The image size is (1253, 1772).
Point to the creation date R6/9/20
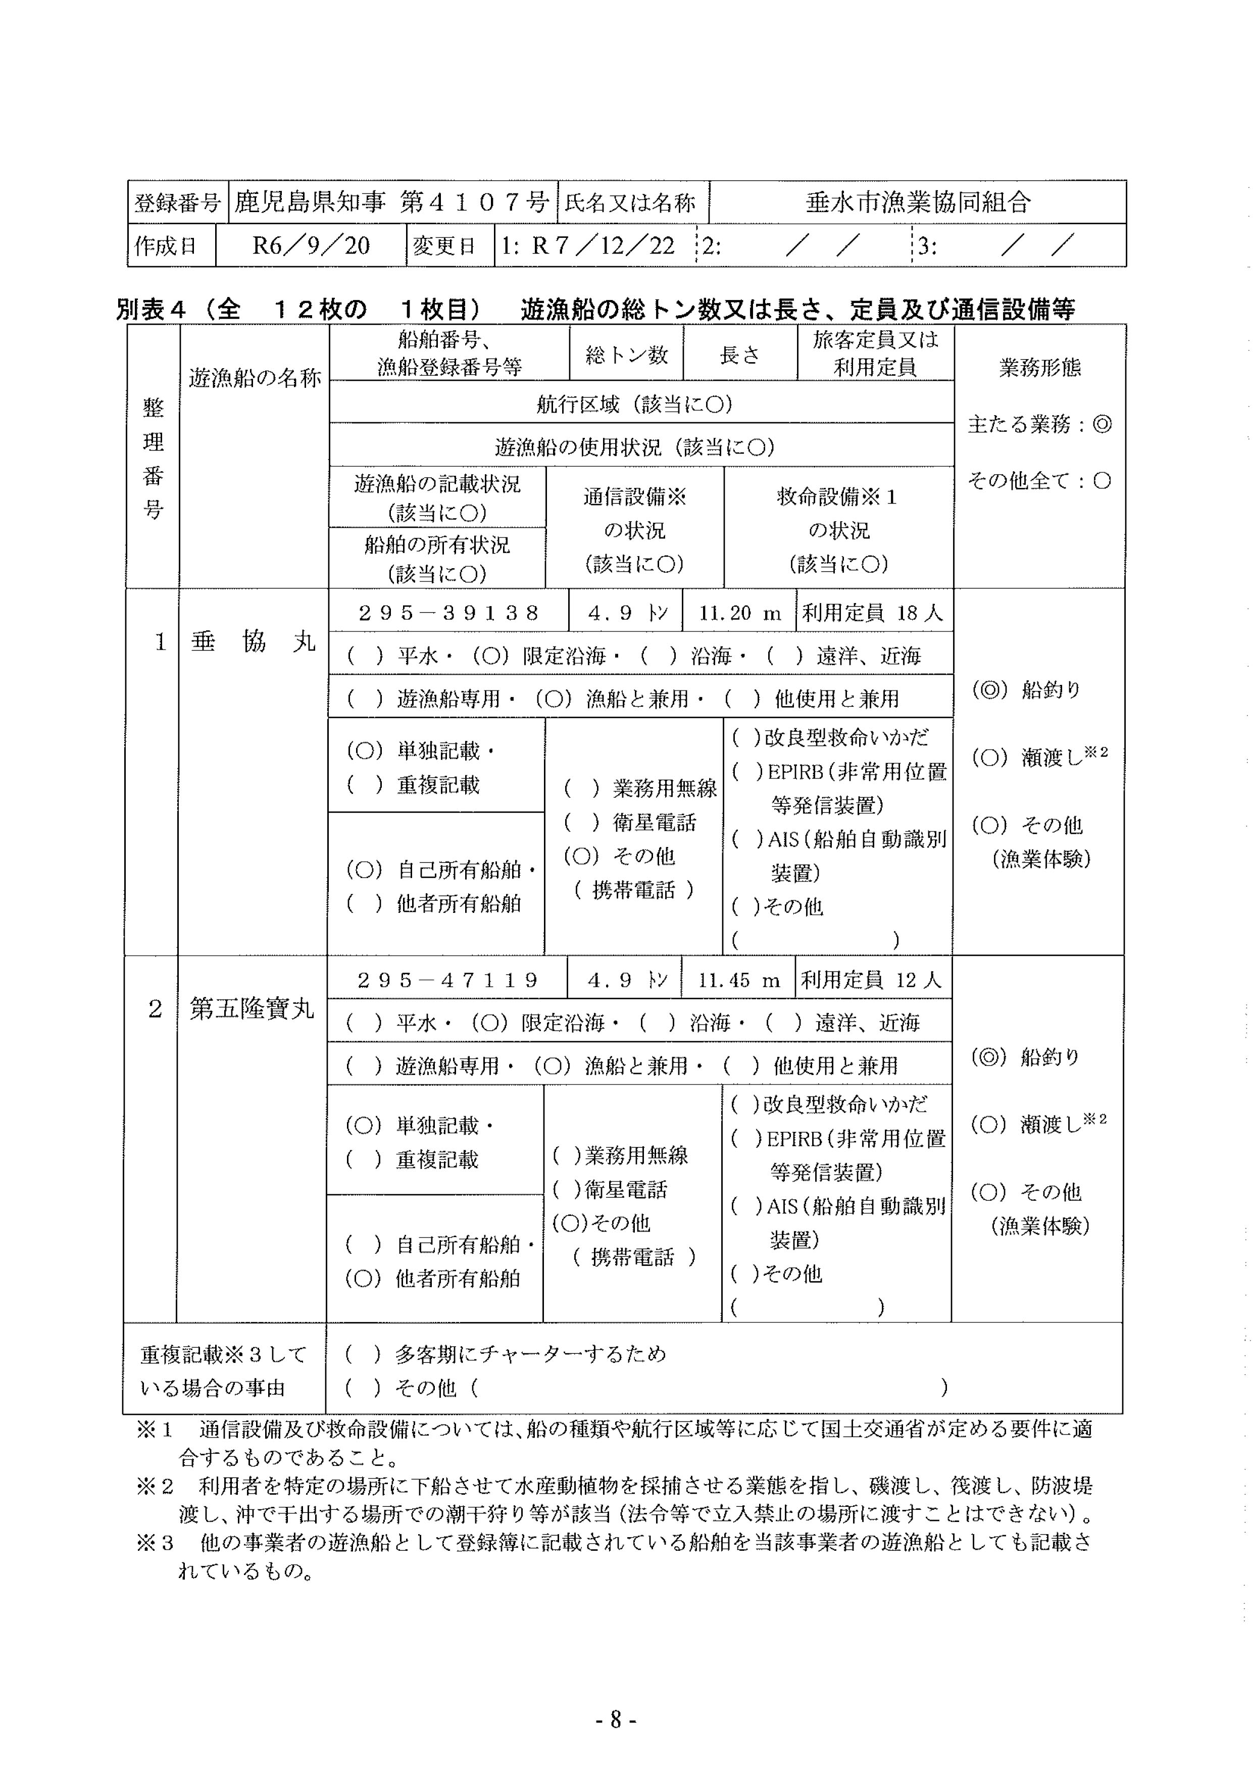pos(311,246)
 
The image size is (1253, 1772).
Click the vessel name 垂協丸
pos(253,642)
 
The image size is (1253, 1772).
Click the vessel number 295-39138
pos(448,614)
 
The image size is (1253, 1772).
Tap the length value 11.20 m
pos(739,614)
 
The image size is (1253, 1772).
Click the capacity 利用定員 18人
pos(873,614)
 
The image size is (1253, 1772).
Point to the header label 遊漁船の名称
pos(255,378)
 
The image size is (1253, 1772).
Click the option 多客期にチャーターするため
pos(530,1354)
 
